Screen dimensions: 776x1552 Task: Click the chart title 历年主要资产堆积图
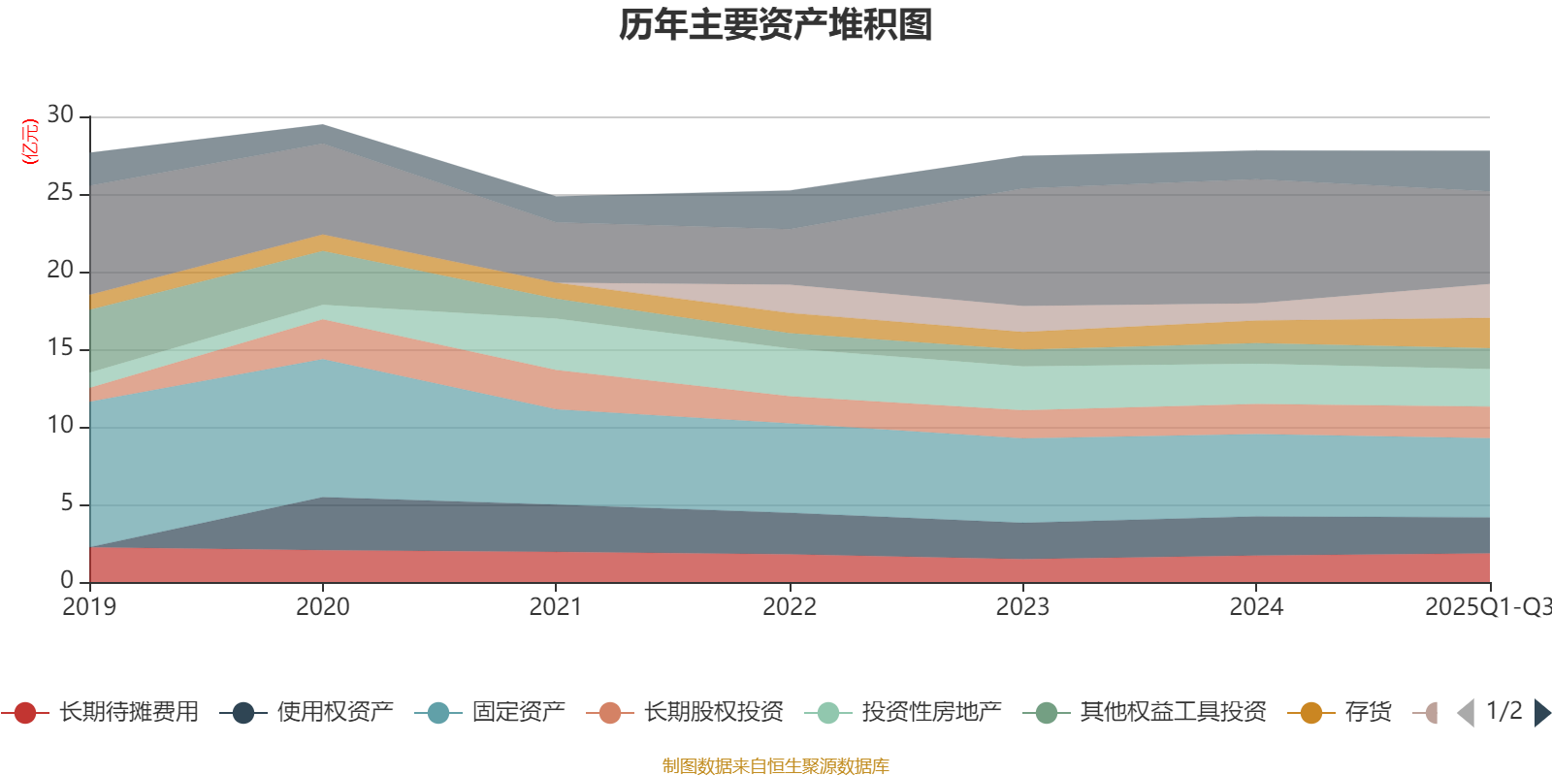tap(776, 25)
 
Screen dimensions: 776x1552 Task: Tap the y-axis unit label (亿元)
tap(30, 142)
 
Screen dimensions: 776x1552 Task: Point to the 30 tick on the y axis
tap(60, 115)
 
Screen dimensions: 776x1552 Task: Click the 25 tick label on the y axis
tap(60, 193)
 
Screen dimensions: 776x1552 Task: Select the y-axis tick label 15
tap(60, 348)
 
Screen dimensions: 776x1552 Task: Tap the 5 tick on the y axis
tap(66, 503)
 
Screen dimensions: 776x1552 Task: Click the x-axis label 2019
tap(89, 607)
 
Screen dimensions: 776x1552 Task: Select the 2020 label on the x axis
tap(322, 607)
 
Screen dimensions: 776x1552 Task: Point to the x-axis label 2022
tap(790, 607)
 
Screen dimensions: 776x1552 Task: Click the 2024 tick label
tap(1256, 607)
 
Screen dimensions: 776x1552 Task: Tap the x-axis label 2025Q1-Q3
tap(1487, 607)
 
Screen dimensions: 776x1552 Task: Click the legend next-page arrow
tap(1542, 713)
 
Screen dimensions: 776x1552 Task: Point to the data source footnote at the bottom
tap(776, 766)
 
